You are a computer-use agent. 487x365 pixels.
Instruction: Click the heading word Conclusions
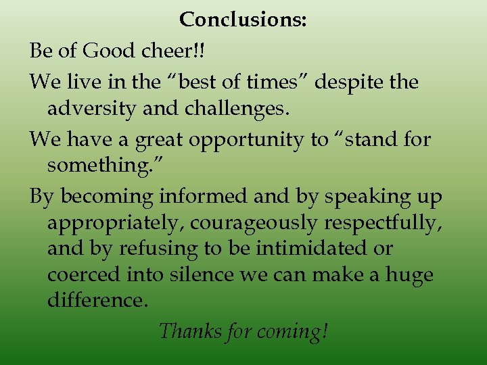point(243,20)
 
